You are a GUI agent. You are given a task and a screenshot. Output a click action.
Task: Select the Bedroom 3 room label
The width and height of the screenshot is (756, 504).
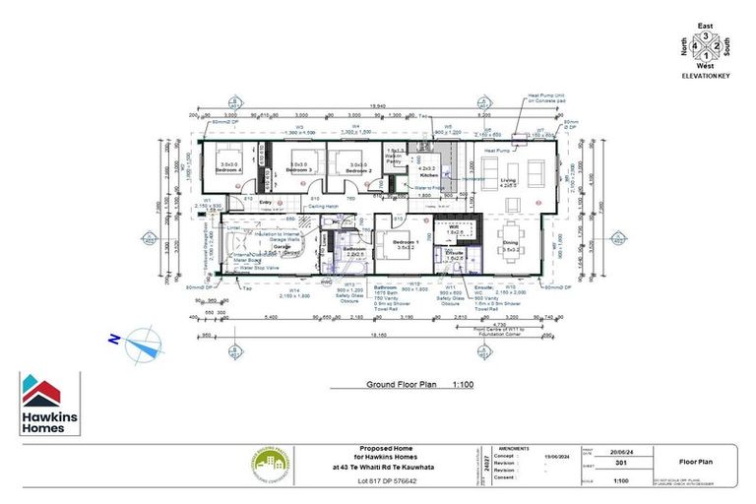click(x=298, y=169)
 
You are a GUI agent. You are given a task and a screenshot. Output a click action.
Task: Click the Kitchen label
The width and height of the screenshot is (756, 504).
click(x=429, y=174)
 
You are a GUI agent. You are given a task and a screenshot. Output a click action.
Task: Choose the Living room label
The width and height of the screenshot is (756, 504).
click(x=509, y=180)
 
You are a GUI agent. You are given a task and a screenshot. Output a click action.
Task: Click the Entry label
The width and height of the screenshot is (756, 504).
click(x=265, y=201)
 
